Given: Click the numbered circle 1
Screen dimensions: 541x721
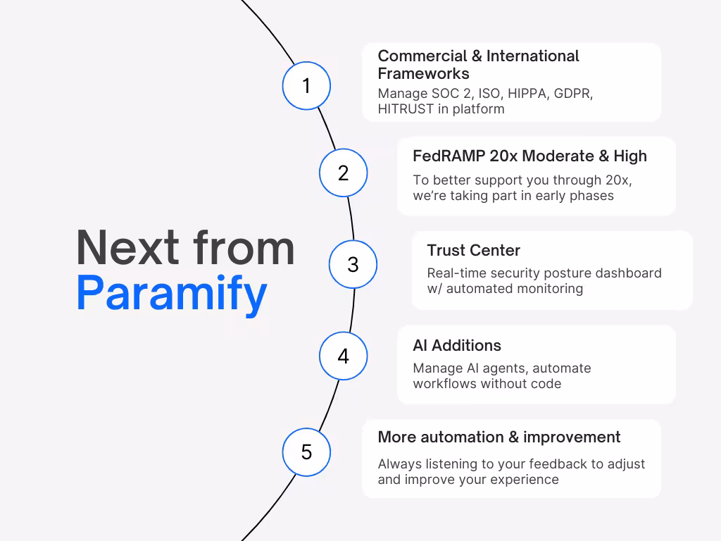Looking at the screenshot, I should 306,85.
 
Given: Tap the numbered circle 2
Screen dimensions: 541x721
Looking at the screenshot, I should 343,173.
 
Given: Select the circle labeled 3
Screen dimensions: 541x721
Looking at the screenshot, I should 353,264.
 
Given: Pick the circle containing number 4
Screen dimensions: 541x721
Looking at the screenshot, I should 343,356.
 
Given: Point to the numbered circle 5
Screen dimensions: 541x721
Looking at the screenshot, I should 306,452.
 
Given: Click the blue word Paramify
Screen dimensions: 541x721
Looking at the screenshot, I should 172,293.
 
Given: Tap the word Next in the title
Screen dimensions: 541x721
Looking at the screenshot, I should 127,248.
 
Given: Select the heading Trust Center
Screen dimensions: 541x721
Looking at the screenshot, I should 473,250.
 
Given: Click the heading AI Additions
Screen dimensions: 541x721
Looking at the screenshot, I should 457,345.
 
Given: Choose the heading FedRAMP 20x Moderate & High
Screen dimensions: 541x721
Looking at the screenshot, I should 529,156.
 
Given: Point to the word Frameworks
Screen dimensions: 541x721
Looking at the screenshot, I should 423,73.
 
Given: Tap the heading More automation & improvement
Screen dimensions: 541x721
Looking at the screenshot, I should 499,437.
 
